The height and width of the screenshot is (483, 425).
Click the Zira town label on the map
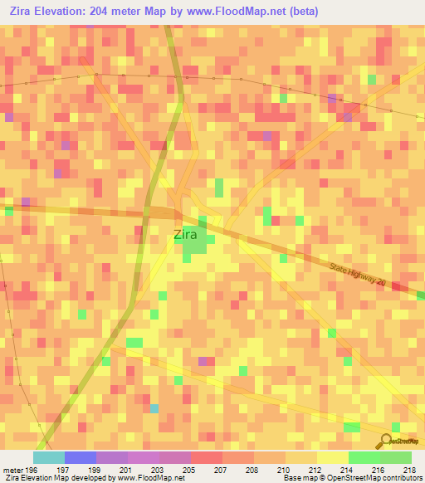tap(186, 234)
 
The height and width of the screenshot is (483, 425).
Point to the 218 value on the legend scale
tap(411, 469)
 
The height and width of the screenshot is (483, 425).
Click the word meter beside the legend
tap(12, 469)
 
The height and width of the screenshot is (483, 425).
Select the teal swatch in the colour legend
tap(49, 457)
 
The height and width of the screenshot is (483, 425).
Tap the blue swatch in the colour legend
tap(81, 457)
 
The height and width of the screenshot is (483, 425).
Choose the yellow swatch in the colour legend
tap(333, 457)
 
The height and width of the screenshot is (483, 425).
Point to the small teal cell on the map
tap(154, 408)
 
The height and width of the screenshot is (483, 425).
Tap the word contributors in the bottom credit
tap(401, 478)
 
